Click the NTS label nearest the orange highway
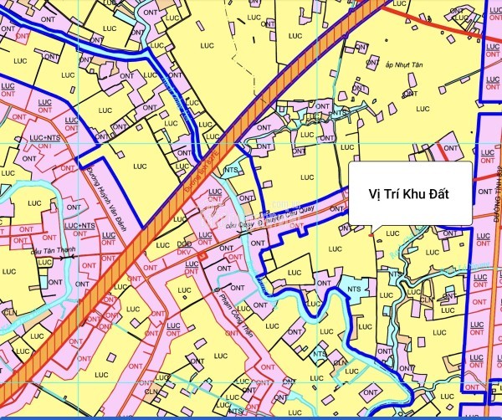click(231, 167)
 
